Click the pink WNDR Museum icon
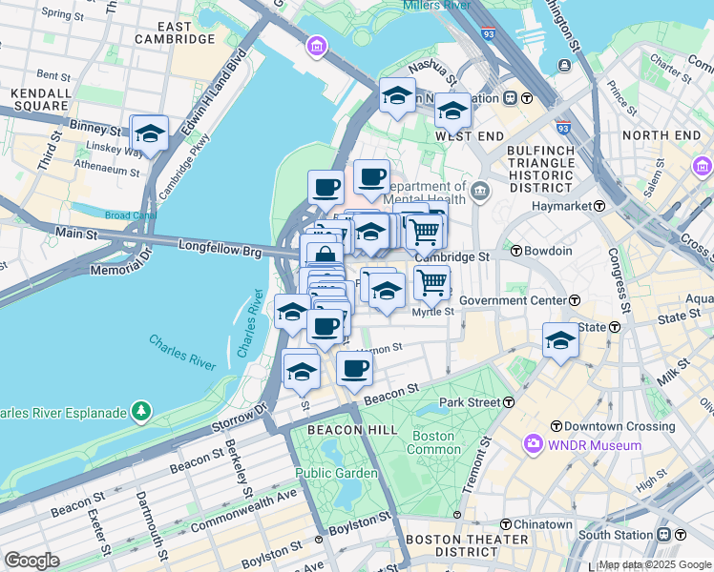click(532, 445)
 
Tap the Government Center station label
click(513, 301)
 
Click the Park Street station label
click(470, 402)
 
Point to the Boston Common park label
click(432, 442)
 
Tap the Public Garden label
click(325, 472)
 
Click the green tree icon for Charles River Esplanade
click(141, 411)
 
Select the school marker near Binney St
click(150, 133)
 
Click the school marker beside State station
click(560, 339)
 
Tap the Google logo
click(31, 560)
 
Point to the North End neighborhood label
click(661, 135)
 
